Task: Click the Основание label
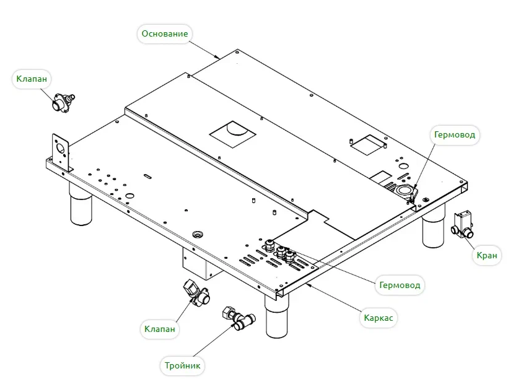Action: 164,33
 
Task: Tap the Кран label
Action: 487,255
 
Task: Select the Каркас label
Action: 378,318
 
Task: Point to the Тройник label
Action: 183,365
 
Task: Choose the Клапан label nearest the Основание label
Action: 33,79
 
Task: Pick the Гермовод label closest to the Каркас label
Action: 400,285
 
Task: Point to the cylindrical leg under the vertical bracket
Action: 80,209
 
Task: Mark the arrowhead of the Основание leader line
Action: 219,58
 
